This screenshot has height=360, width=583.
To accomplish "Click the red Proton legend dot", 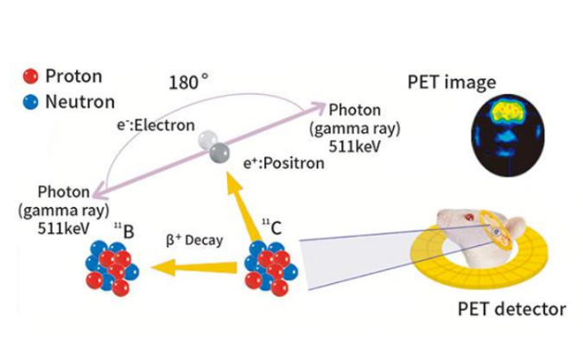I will pyautogui.click(x=31, y=76).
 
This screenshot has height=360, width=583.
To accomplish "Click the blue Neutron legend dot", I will pyautogui.click(x=31, y=101).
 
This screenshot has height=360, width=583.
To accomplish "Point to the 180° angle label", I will pyautogui.click(x=187, y=84).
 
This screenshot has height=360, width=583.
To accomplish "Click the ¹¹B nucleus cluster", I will pyautogui.click(x=110, y=266).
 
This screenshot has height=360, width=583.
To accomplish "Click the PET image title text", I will pyautogui.click(x=451, y=83).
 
